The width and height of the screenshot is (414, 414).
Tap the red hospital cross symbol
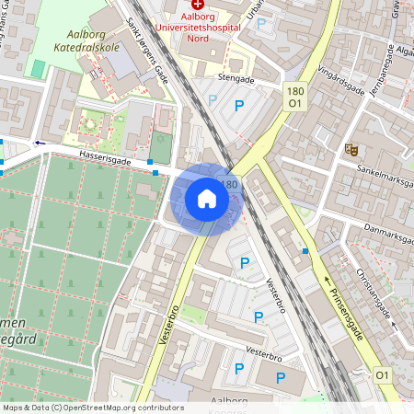click(198, 5)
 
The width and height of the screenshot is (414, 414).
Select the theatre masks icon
click(351, 147)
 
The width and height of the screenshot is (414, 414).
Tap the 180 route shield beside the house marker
click(229, 185)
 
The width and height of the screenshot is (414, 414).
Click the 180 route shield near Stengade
click(294, 91)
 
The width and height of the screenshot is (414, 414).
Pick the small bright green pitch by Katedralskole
click(37, 69)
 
